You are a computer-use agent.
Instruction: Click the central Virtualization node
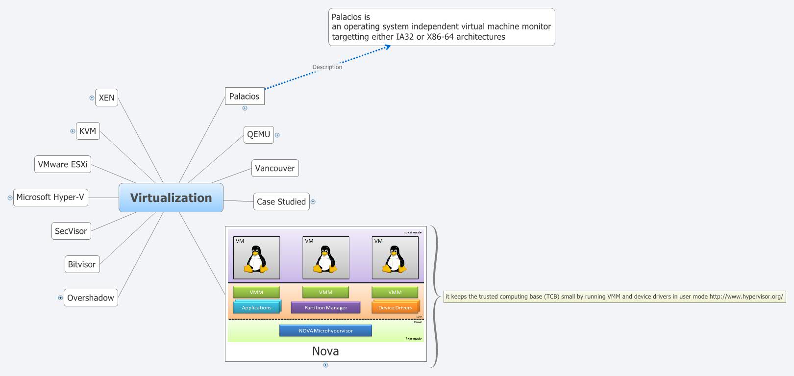point(171,198)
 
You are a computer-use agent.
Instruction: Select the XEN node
point(106,98)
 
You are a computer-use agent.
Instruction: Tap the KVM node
point(88,131)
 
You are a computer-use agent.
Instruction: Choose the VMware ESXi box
point(63,164)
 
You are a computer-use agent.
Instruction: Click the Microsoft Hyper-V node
point(50,197)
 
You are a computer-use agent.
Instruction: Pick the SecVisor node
point(71,231)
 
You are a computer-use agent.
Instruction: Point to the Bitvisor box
point(82,264)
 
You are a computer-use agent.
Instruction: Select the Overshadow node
point(91,298)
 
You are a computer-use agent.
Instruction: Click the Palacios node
point(244,96)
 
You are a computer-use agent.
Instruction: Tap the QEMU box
point(258,134)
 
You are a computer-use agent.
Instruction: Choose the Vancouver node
point(275,168)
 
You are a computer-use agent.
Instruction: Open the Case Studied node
point(281,201)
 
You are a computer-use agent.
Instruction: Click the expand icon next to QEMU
point(277,135)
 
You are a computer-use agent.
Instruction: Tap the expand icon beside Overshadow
point(60,298)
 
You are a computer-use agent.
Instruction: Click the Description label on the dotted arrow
point(327,67)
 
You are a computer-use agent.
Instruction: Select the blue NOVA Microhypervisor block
point(325,331)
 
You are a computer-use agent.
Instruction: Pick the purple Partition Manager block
point(325,308)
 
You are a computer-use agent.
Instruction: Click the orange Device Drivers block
point(395,308)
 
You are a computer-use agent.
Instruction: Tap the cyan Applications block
point(256,308)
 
